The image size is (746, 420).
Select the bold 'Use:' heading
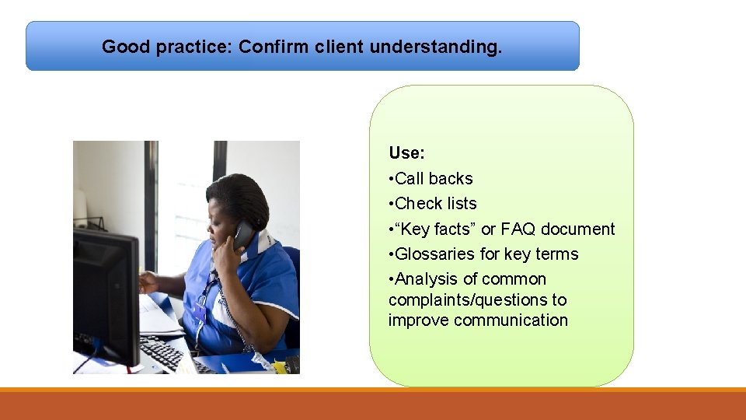pos(406,153)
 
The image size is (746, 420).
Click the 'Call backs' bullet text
pos(434,179)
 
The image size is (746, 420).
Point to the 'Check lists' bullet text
pos(435,203)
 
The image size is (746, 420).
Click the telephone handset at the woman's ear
pos(243,235)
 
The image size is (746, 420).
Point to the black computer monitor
pos(106,296)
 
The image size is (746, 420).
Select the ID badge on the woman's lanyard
pos(200,312)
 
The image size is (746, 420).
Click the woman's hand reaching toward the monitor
pos(148,282)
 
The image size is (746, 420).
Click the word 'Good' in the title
pos(126,47)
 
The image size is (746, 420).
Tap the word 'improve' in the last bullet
pos(419,320)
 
